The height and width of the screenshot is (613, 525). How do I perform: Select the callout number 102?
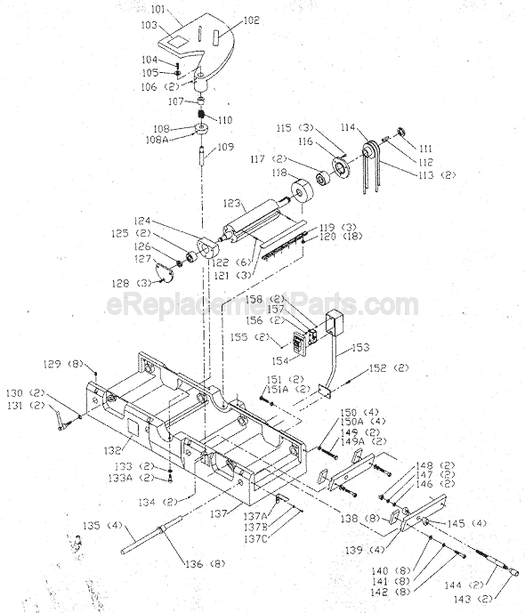point(251,19)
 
